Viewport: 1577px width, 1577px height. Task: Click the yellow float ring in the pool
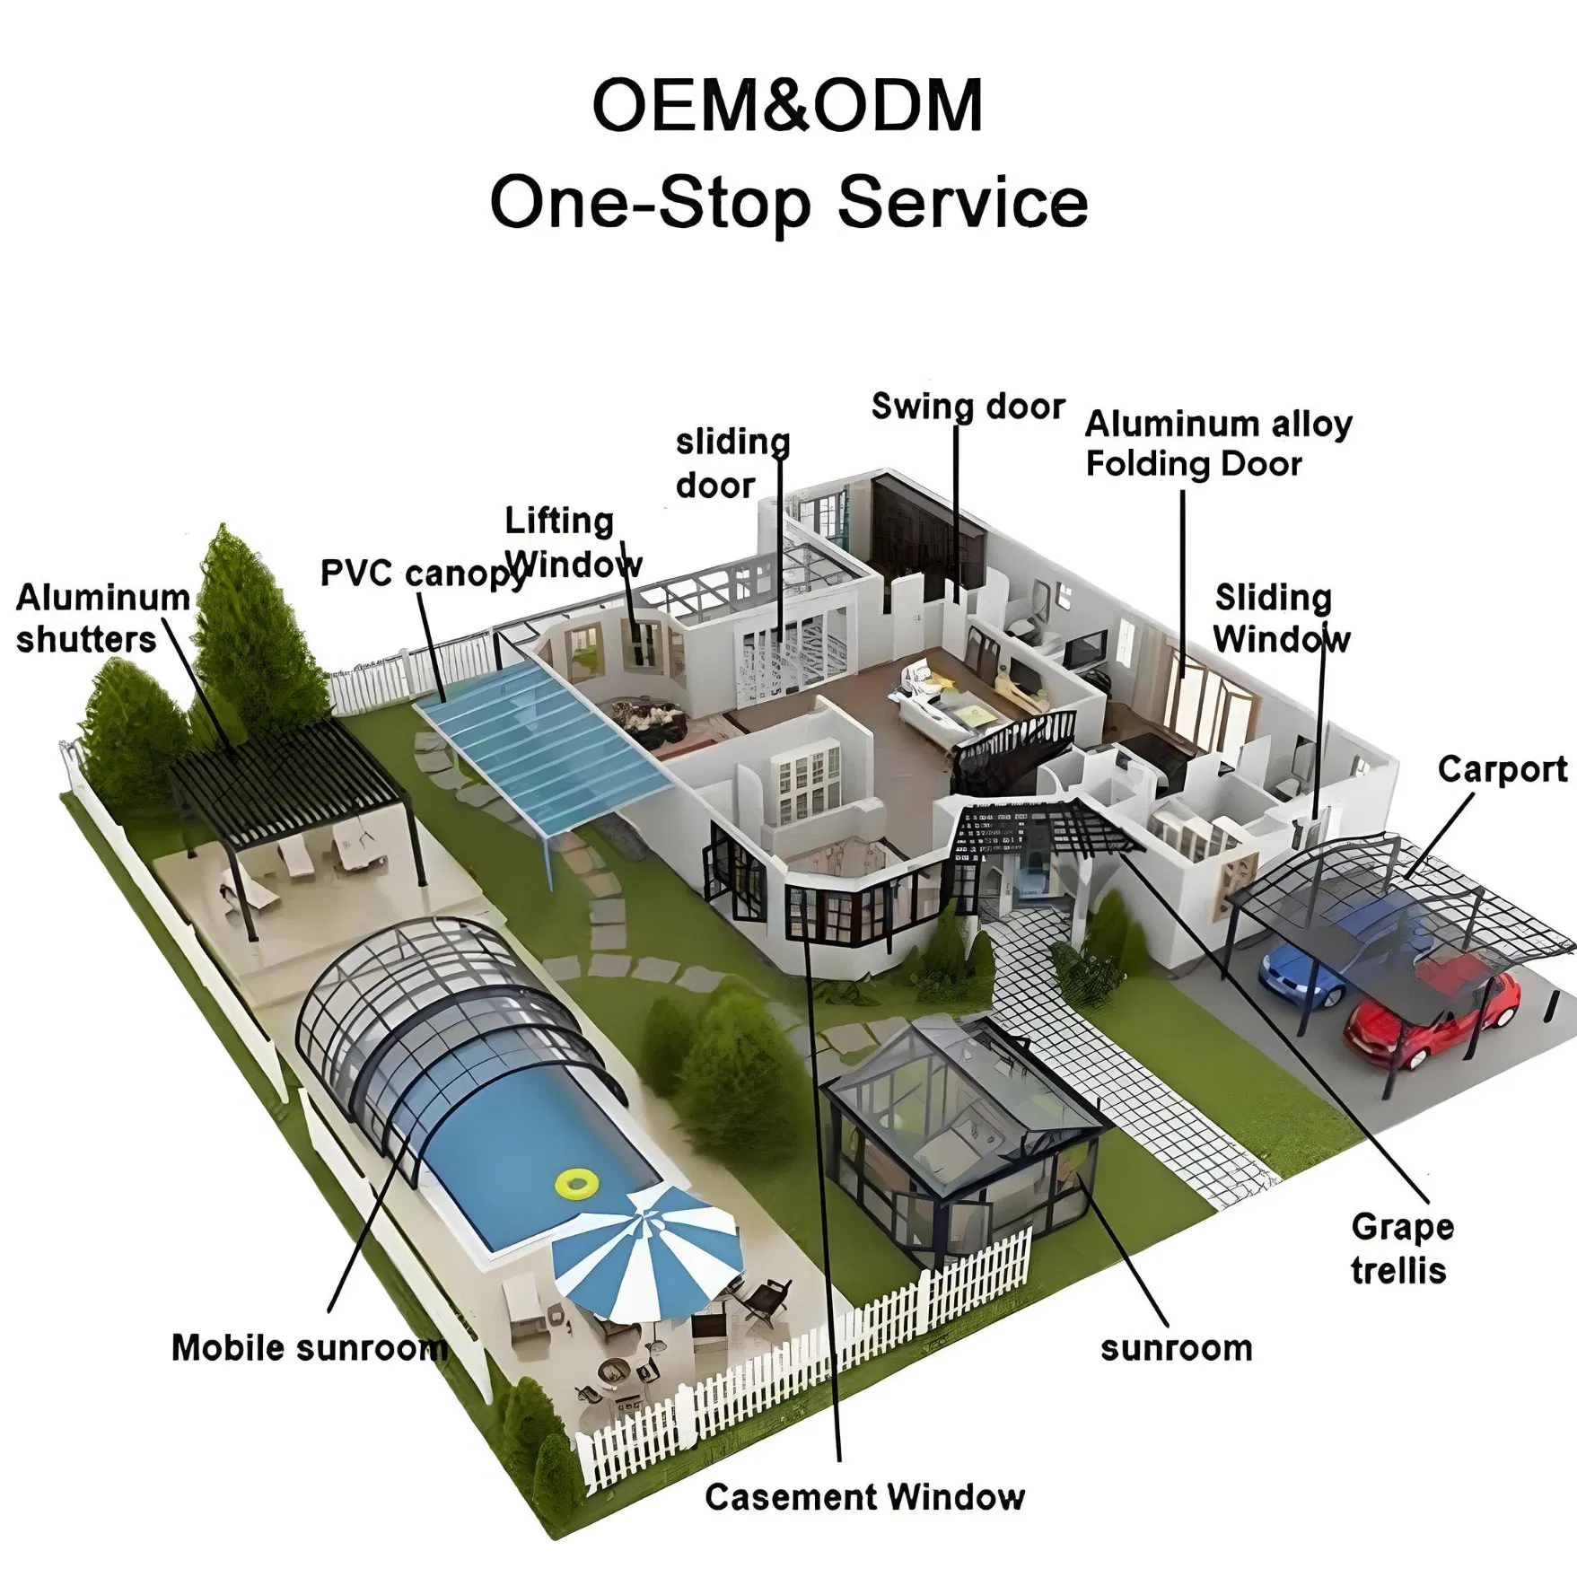pyautogui.click(x=575, y=1183)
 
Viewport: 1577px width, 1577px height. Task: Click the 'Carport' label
pyautogui.click(x=1502, y=769)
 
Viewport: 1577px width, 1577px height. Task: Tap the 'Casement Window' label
pyautogui.click(x=864, y=1496)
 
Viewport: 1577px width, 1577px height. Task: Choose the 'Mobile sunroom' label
pyautogui.click(x=309, y=1347)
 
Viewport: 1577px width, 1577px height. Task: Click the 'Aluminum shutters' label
pyautogui.click(x=101, y=618)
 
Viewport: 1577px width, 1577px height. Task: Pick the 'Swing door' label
pyautogui.click(x=968, y=407)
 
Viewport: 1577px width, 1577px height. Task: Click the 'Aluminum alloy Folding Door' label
pyautogui.click(x=1217, y=443)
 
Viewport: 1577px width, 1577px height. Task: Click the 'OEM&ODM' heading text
pyautogui.click(x=787, y=106)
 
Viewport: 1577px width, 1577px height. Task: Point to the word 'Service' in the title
pyautogui.click(x=962, y=203)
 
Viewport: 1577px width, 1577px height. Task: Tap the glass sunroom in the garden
pyautogui.click(x=960, y=1140)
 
